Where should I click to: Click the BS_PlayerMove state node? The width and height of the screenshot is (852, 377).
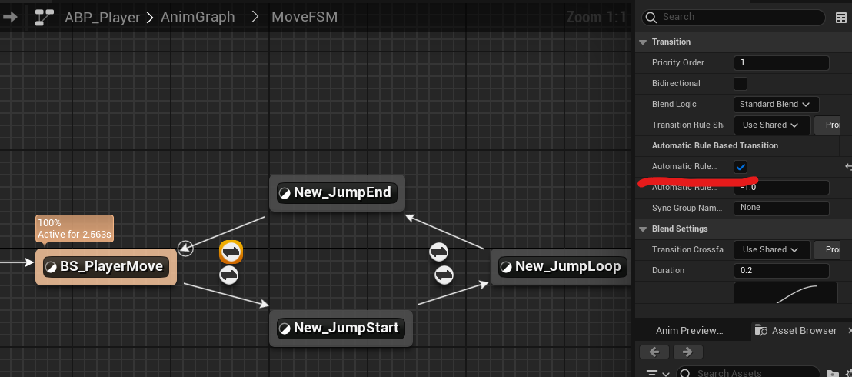point(106,267)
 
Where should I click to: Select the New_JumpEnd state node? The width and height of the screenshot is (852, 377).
point(336,192)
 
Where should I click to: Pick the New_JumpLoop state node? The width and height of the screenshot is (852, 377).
point(561,267)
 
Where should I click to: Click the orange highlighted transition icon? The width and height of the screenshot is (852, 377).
point(231,252)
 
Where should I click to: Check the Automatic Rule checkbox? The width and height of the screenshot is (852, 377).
point(741,167)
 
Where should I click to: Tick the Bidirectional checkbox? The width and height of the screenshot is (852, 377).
point(741,83)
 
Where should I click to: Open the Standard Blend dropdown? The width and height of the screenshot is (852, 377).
point(775,104)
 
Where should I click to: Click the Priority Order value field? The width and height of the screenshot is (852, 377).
point(781,62)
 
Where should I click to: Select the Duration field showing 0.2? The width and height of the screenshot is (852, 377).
point(781,270)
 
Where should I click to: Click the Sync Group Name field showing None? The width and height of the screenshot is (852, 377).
point(781,208)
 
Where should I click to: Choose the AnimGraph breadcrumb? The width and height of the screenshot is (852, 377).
point(198,17)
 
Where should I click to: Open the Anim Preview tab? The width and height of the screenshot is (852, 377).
point(690,330)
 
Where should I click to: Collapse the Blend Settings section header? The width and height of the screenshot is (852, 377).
point(680,229)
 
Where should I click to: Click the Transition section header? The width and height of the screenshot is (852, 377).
point(671,42)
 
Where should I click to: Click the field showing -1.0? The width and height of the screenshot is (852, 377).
point(781,187)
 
